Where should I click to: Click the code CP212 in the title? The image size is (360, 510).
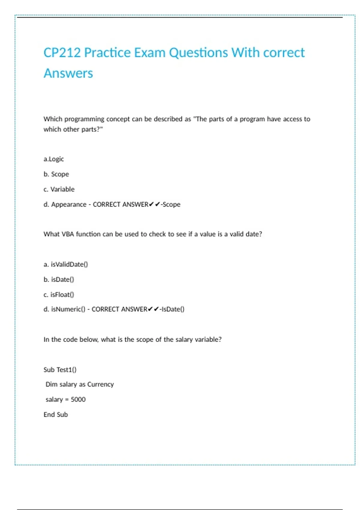pos(62,53)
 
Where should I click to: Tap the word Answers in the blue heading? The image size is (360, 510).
pos(68,73)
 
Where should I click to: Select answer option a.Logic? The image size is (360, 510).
pos(54,159)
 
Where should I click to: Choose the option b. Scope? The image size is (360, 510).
pos(56,174)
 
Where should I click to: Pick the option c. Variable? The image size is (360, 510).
pos(59,189)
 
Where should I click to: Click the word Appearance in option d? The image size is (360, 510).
pos(69,204)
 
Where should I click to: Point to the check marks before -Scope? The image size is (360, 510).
pos(154,204)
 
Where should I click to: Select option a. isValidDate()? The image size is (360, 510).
pos(66,264)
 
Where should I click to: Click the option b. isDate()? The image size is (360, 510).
pos(59,279)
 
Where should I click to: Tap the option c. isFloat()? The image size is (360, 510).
pos(59,295)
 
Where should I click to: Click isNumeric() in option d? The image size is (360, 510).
pos(68,309)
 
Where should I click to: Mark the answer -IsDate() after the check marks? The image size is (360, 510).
pos(172,309)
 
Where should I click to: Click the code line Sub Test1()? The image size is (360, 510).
pos(60,370)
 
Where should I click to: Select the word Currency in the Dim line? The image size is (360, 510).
pos(100,384)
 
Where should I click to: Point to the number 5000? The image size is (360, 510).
pos(78,399)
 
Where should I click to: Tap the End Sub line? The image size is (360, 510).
pos(56,415)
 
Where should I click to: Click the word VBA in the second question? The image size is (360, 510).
pos(67,234)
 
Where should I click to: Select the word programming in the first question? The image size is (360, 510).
pos(84,119)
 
